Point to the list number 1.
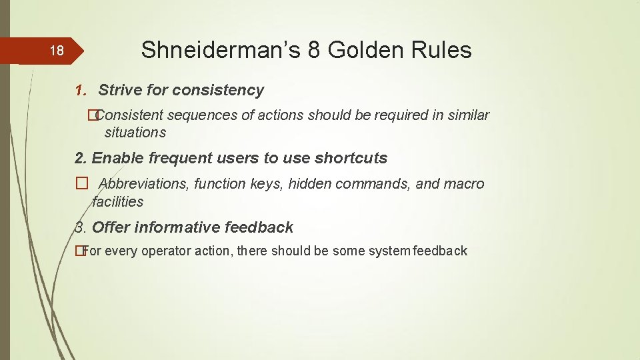(81, 90)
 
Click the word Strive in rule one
(119, 90)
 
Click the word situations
(135, 132)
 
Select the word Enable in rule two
(114, 158)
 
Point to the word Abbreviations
(144, 184)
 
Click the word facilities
(118, 201)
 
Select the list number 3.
(80, 227)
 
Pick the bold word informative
(177, 227)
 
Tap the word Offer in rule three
(111, 227)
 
